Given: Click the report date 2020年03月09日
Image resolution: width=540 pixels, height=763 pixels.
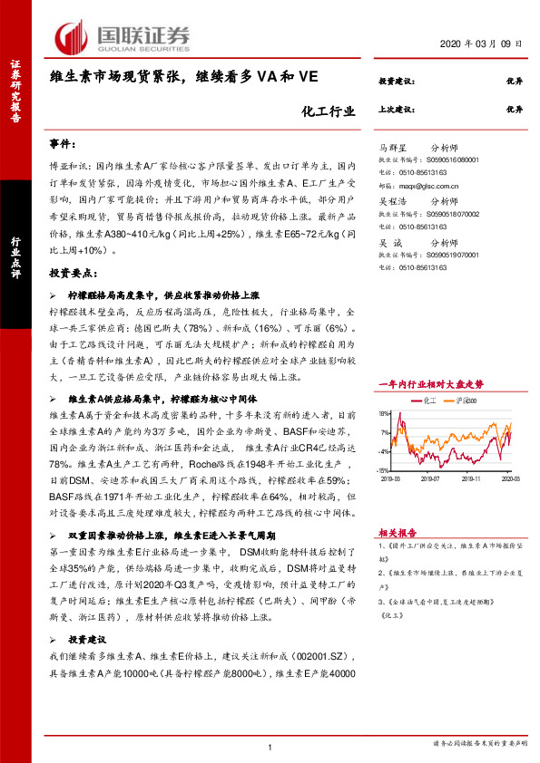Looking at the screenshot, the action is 486,45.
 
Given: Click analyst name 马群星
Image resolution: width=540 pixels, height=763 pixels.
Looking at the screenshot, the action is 393,145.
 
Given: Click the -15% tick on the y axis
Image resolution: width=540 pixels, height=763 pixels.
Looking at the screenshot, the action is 384,470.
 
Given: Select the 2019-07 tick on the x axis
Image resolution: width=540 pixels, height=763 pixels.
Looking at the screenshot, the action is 430,478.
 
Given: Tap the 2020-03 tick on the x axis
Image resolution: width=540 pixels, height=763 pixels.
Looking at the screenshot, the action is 512,478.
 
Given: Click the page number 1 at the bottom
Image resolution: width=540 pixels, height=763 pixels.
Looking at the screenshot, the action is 270,746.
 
